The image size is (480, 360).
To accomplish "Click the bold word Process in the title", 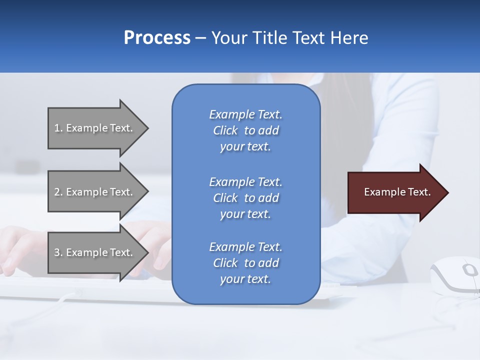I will (157, 38).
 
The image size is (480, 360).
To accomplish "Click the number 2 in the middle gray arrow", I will (57, 192).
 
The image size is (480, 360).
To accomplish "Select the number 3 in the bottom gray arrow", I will (57, 252).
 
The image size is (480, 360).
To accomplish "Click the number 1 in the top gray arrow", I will (56, 128).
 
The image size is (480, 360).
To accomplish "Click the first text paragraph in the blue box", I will (245, 130).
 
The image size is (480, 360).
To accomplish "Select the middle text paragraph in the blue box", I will (245, 198).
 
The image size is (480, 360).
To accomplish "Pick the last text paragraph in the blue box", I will (245, 263).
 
